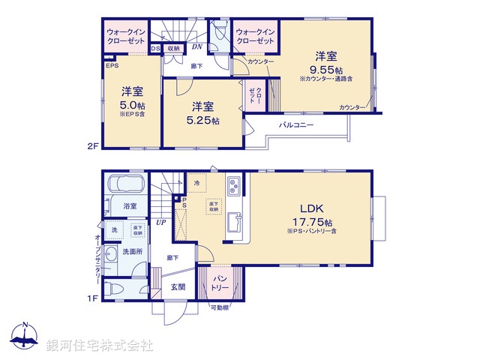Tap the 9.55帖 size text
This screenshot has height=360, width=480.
[325, 68]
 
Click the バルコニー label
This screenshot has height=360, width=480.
[296, 124]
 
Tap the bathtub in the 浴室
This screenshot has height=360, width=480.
[127, 185]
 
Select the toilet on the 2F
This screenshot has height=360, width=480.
[220, 34]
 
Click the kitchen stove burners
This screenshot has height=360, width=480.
[233, 184]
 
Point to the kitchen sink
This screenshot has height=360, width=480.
[234, 223]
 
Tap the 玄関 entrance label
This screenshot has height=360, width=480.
[178, 286]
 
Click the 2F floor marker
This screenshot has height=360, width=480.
[93, 147]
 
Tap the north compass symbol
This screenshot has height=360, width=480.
[25, 337]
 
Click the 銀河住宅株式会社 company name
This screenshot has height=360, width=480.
[100, 346]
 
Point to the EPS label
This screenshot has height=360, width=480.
[112, 66]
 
